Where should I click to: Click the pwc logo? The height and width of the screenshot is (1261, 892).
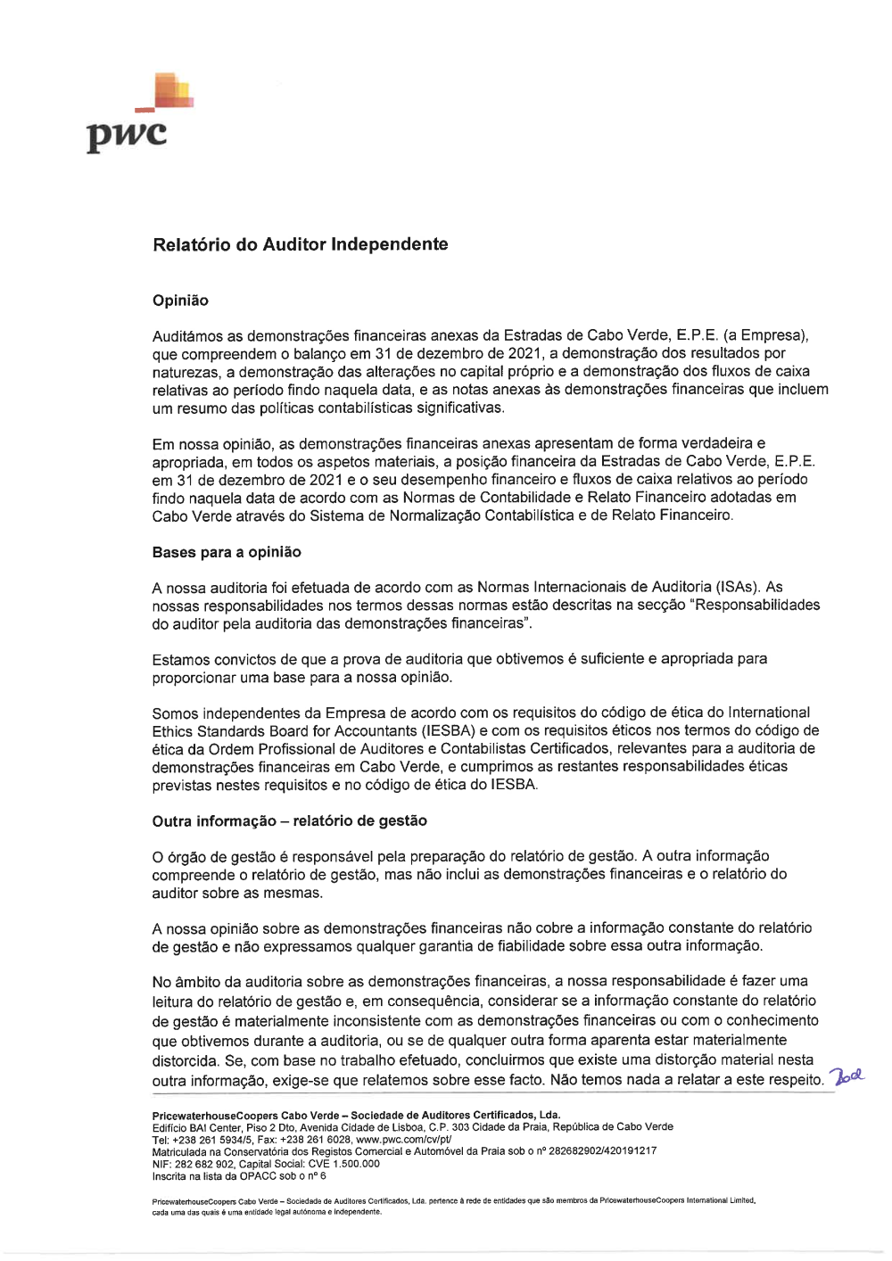click(134, 116)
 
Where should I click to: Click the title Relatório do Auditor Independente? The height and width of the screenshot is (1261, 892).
click(300, 244)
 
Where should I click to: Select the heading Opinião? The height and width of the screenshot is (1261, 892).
click(180, 301)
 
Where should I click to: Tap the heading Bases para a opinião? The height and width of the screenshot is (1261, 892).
click(227, 552)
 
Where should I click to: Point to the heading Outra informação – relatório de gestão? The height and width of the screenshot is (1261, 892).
click(289, 820)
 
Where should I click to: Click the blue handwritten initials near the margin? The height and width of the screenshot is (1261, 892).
click(847, 1076)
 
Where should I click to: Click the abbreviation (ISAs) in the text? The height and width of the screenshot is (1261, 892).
click(737, 587)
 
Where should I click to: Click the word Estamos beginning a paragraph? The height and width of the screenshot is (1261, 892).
click(181, 659)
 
